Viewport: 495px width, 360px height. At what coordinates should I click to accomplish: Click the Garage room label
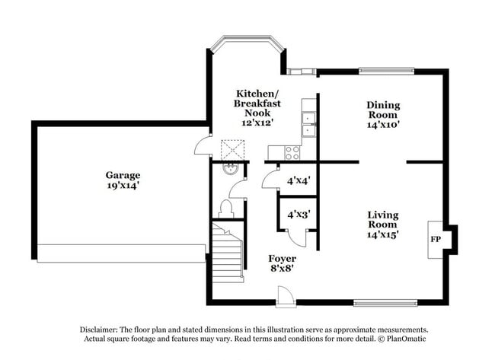[123, 174]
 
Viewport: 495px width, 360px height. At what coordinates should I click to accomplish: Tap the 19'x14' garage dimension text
[123, 185]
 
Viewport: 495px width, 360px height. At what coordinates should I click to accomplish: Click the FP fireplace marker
[436, 239]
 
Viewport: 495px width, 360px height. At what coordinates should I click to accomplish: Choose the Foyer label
[281, 258]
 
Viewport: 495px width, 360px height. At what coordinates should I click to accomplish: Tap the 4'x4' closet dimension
[298, 181]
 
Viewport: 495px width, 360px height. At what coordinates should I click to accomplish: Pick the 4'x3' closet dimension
[298, 215]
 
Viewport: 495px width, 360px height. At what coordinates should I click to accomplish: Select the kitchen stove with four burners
[292, 152]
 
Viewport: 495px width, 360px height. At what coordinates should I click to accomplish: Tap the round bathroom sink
[229, 168]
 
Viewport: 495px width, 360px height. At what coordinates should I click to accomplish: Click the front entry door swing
[285, 295]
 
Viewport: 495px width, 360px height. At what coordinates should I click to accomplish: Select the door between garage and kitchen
[203, 145]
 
